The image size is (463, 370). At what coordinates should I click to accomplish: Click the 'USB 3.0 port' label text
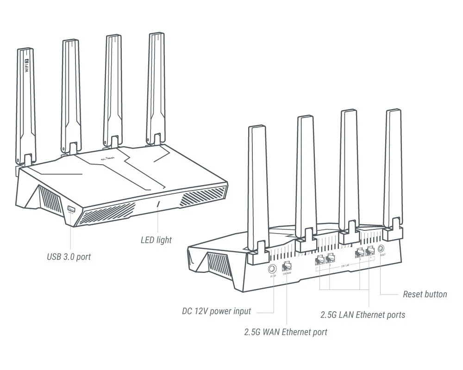click(69, 257)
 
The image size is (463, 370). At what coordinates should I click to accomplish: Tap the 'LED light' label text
click(156, 240)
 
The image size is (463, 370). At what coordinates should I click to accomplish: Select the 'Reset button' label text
click(425, 294)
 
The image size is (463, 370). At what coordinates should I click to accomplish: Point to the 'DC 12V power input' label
click(216, 311)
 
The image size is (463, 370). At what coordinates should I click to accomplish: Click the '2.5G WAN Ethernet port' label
click(286, 332)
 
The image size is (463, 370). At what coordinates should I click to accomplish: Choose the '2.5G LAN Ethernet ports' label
click(363, 315)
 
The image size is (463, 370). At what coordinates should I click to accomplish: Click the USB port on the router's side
click(71, 210)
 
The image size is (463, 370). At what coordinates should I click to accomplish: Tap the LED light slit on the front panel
click(159, 204)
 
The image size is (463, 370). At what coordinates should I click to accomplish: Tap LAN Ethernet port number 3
click(359, 253)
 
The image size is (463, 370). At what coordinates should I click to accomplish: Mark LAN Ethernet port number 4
click(369, 252)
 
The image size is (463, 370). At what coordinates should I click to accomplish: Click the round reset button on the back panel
click(382, 249)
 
